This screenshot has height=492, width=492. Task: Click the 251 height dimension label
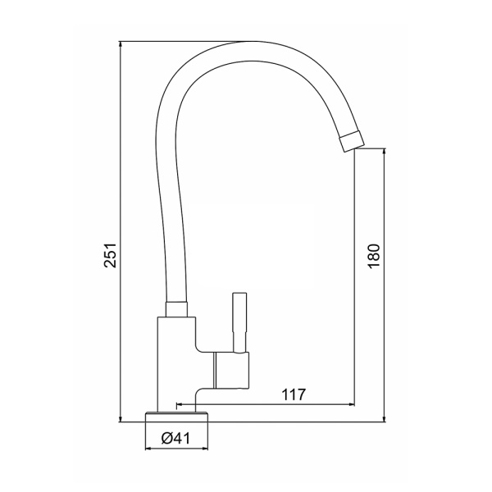point(111,255)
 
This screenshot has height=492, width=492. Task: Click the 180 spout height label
point(375,256)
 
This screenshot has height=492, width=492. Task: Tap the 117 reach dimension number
point(294,394)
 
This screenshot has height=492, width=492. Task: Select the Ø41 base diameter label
point(175,438)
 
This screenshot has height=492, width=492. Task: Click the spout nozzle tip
point(352,141)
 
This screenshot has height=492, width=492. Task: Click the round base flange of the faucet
point(176,417)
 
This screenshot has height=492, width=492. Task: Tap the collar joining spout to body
point(176,309)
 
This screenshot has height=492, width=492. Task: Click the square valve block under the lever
point(231,371)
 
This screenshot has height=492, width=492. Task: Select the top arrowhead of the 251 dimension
point(121,44)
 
